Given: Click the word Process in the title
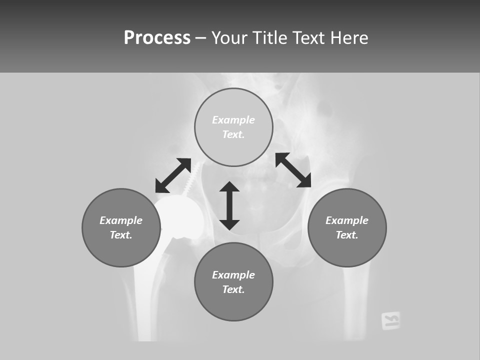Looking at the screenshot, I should click(x=157, y=38).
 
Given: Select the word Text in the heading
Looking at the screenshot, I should click(x=308, y=38).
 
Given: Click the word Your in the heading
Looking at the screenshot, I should click(x=228, y=38).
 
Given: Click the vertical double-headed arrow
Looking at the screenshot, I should click(x=229, y=205).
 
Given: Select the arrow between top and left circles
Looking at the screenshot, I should click(x=173, y=175).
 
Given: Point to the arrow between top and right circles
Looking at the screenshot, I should click(x=293, y=170).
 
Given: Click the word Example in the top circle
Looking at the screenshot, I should click(x=233, y=120).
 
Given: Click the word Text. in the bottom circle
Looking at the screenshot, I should click(x=233, y=289).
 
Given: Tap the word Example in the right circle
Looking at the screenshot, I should click(x=347, y=220).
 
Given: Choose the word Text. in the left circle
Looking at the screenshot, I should click(x=121, y=235).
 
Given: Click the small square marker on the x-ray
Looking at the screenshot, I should click(x=390, y=320).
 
